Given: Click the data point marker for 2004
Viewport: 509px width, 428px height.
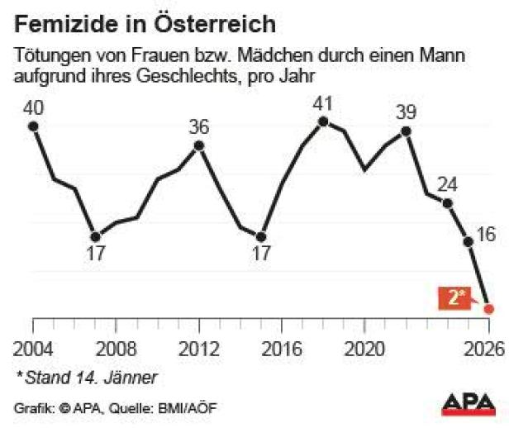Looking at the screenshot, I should pyautogui.click(x=33, y=126).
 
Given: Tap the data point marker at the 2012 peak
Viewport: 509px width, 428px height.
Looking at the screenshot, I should pyautogui.click(x=199, y=145).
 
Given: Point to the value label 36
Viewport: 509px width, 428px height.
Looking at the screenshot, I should pyautogui.click(x=199, y=126).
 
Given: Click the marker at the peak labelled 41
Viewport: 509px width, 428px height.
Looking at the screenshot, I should pyautogui.click(x=323, y=121).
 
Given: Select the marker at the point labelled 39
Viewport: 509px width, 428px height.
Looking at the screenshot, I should pyautogui.click(x=406, y=131).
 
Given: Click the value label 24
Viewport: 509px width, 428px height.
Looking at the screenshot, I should pyautogui.click(x=446, y=183).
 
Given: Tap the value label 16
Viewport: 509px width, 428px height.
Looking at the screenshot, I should pyautogui.click(x=487, y=234).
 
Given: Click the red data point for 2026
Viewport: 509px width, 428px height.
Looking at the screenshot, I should pyautogui.click(x=488, y=308).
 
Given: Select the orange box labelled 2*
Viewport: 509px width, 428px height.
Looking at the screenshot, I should pyautogui.click(x=454, y=298).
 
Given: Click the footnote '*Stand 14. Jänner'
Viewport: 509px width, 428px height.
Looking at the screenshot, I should pyautogui.click(x=86, y=378).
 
